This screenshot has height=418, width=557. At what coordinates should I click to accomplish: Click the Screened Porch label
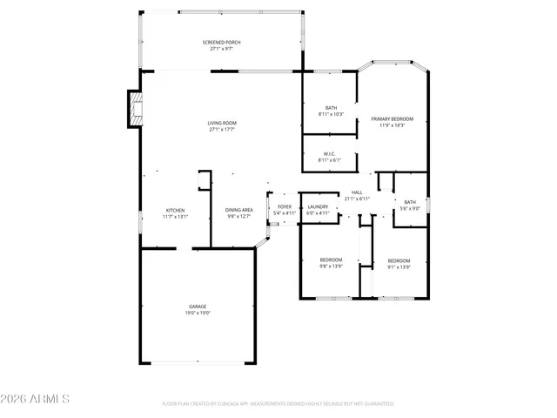click(x=221, y=42)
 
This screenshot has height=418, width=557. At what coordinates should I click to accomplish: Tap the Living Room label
click(x=221, y=123)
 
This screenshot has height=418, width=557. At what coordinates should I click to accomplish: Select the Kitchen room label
click(x=176, y=210)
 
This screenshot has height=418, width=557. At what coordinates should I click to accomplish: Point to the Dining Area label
click(x=238, y=210)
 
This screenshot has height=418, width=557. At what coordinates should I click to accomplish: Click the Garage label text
click(x=198, y=307)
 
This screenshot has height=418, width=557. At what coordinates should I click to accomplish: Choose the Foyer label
click(x=285, y=207)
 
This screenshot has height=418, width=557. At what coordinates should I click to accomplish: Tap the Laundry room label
click(x=318, y=206)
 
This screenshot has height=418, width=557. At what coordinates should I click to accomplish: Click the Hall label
click(x=357, y=192)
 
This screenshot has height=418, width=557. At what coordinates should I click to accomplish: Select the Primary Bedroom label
click(x=392, y=118)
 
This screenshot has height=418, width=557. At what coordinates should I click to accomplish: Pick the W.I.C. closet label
click(x=331, y=154)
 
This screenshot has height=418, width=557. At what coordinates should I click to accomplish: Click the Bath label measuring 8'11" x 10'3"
click(x=331, y=108)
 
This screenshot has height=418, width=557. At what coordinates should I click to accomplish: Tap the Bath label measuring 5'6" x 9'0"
click(x=409, y=202)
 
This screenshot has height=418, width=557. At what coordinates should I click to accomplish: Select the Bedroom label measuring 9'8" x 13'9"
click(x=331, y=260)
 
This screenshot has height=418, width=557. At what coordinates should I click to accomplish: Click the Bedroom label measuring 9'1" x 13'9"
click(x=399, y=260)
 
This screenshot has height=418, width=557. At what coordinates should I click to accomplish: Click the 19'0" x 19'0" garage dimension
click(x=198, y=313)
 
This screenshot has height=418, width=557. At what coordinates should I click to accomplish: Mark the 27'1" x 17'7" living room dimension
click(x=221, y=129)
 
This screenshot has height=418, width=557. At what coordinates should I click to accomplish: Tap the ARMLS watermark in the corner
click(x=36, y=399)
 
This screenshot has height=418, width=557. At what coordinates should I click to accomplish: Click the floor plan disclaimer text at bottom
click(x=278, y=404)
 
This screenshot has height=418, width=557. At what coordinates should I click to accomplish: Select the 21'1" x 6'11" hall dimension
click(x=357, y=199)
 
